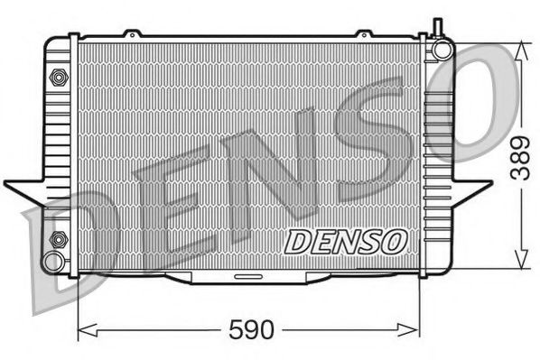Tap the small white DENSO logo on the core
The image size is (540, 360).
click(346, 240)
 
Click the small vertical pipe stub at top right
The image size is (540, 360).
click(438, 27)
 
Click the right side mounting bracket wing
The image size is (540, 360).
click(471, 189)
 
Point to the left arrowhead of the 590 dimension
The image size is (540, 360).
click(84, 328)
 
